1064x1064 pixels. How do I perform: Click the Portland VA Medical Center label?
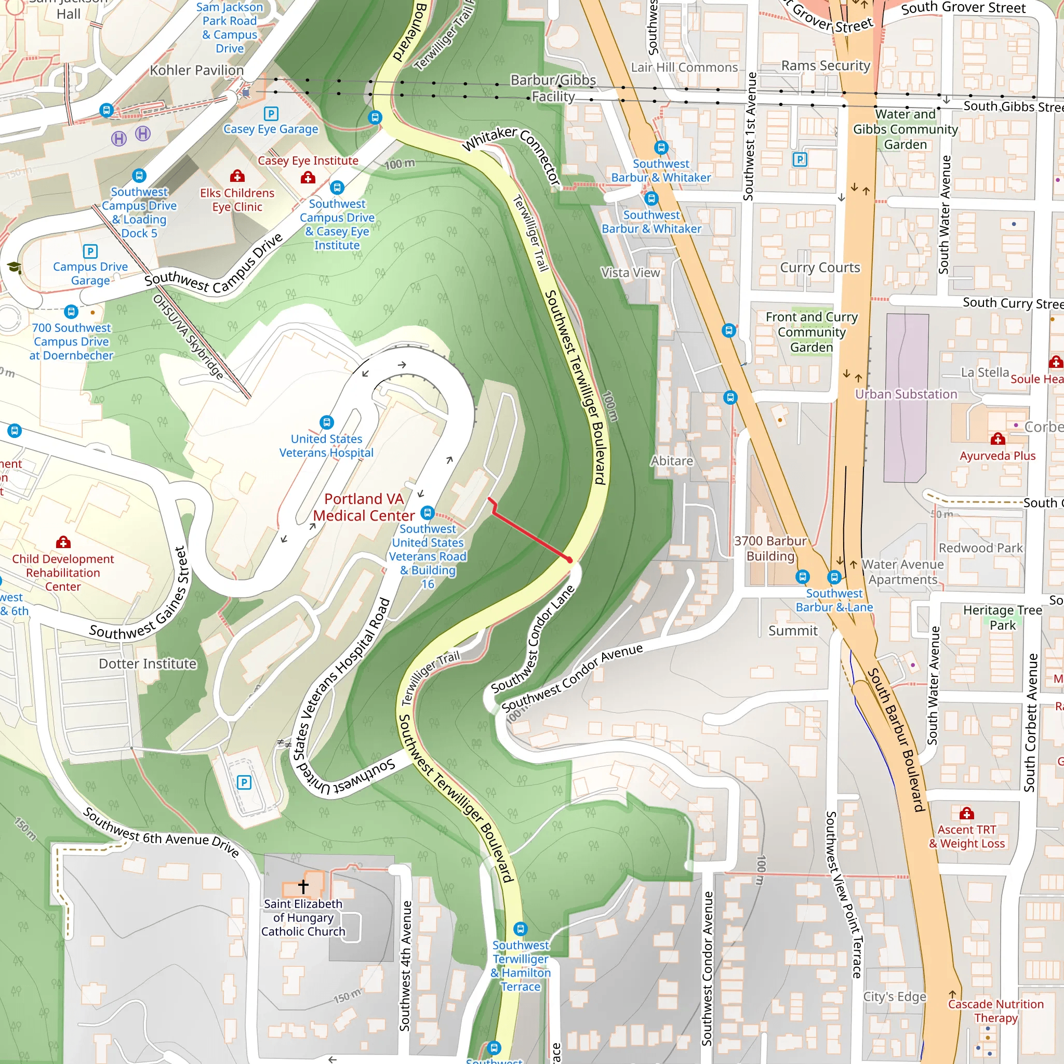click(x=364, y=507)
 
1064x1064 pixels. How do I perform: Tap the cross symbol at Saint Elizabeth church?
click(x=303, y=886)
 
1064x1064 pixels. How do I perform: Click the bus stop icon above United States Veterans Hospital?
click(x=327, y=422)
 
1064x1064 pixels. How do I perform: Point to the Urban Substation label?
click(x=906, y=394)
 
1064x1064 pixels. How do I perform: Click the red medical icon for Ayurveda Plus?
click(x=997, y=439)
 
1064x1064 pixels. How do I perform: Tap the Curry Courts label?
click(x=819, y=268)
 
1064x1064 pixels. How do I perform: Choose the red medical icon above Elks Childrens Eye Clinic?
click(x=237, y=176)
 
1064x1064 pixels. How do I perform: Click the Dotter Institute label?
click(x=147, y=663)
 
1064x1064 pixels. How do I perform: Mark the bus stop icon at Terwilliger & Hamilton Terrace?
click(x=520, y=929)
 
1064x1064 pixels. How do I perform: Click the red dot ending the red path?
click(x=570, y=560)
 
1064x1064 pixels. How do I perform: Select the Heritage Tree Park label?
click(x=1002, y=617)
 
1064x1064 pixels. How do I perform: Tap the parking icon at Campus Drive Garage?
click(x=90, y=251)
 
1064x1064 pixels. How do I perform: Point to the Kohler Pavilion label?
click(x=196, y=71)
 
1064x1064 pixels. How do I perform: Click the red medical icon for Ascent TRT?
click(x=966, y=814)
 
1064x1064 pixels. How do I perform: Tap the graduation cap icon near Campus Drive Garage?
click(x=15, y=268)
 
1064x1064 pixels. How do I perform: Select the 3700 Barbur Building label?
click(x=770, y=548)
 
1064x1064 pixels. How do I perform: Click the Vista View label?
click(x=630, y=273)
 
